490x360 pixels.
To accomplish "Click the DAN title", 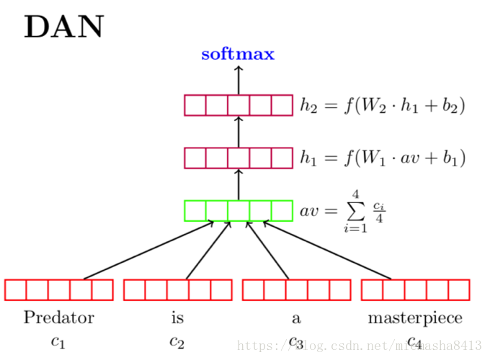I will [64, 27].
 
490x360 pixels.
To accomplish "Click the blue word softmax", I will [238, 55].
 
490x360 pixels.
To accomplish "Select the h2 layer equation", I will [383, 106].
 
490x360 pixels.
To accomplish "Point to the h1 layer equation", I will [383, 158].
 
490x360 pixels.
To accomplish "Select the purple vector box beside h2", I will [239, 106].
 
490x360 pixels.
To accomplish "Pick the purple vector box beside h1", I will [239, 158].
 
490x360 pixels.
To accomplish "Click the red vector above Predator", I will [59, 289].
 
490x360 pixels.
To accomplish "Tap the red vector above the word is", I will [178, 289].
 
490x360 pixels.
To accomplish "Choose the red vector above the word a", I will [296, 289].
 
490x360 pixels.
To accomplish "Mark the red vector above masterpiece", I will [415, 289].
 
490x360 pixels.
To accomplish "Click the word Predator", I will [59, 318].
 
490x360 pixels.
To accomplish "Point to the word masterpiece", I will [415, 318].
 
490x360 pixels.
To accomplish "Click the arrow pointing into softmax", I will [239, 79].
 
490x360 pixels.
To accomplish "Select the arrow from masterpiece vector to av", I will [328, 250].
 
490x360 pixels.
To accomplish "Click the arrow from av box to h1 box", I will [239, 184].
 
